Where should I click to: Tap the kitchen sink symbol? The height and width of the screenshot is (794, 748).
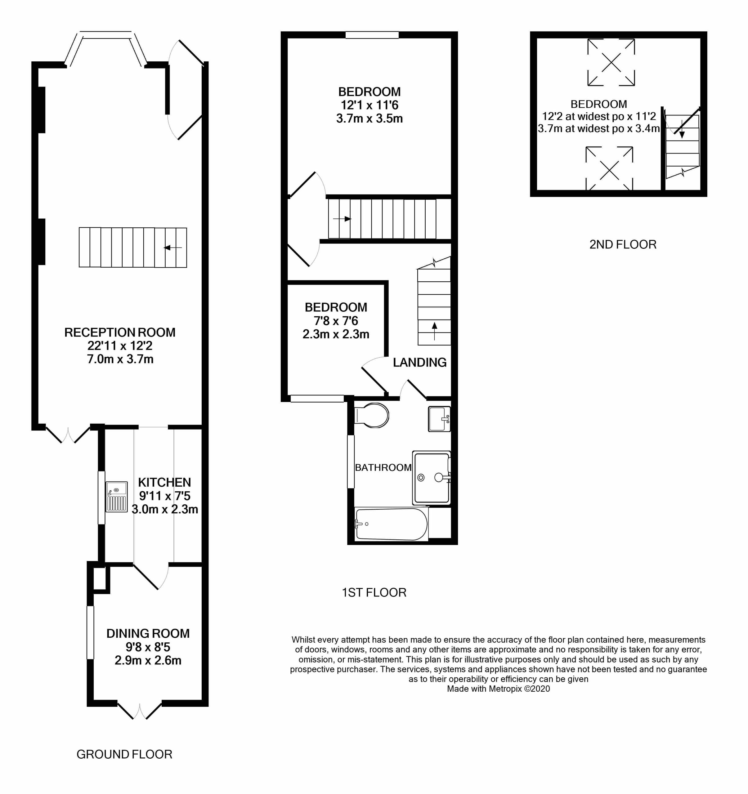pyautogui.click(x=116, y=497)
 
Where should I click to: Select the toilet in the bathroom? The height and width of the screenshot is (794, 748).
pyautogui.click(x=372, y=415)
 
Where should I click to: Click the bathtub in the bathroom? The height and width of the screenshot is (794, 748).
pyautogui.click(x=391, y=524)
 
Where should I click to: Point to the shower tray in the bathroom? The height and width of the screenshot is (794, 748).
pyautogui.click(x=432, y=478)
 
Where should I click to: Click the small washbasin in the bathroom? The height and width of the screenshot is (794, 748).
pyautogui.click(x=439, y=419)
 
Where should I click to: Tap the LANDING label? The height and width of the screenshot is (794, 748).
pyautogui.click(x=419, y=363)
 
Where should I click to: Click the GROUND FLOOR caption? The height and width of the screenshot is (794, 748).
pyautogui.click(x=124, y=755)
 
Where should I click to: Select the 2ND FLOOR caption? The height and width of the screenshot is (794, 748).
pyautogui.click(x=623, y=244)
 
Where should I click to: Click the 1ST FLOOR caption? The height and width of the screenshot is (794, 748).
pyautogui.click(x=374, y=592)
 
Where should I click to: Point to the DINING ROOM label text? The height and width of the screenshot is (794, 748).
pyautogui.click(x=148, y=633)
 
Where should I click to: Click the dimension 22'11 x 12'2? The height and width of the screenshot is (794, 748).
pyautogui.click(x=120, y=346)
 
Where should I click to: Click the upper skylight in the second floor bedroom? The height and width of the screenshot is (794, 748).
pyautogui.click(x=611, y=62)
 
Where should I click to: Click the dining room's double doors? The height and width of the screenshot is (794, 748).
pyautogui.click(x=140, y=711)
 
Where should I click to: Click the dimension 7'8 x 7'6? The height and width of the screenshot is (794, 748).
pyautogui.click(x=336, y=321)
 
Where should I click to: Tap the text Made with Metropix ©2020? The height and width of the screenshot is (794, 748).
pyautogui.click(x=498, y=689)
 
